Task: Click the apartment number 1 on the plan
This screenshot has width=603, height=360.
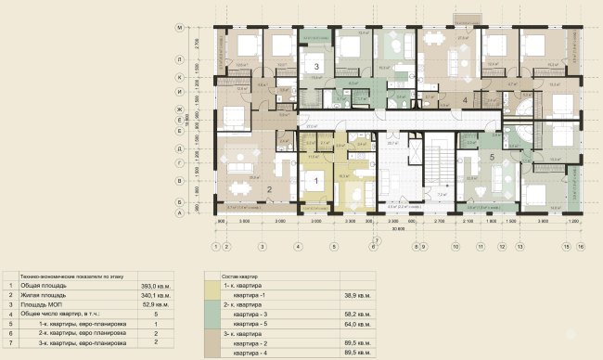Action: [x=315, y=182]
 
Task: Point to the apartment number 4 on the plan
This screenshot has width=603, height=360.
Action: [x=465, y=99]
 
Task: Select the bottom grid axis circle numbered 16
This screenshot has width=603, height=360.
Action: [x=581, y=247]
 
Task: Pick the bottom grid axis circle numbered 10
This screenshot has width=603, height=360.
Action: [x=455, y=247]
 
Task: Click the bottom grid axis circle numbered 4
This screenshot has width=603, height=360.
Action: [x=298, y=247]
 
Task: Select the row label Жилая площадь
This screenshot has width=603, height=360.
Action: [x=43, y=295]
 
